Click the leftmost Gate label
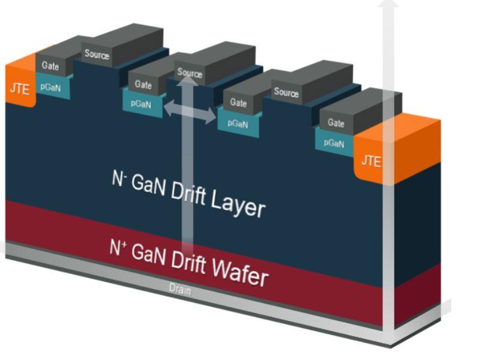[x=51, y=66]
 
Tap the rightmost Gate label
[x=335, y=123]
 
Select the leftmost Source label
[x=97, y=55]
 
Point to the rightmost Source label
[x=286, y=93]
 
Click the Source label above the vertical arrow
[x=190, y=73]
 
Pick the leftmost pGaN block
[x=52, y=87]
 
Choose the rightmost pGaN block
[x=334, y=143]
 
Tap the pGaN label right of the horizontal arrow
[x=238, y=124]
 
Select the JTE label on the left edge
[x=19, y=88]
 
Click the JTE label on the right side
[x=370, y=161]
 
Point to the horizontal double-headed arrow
[x=190, y=111]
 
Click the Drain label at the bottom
[x=180, y=290]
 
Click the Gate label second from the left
[x=143, y=85]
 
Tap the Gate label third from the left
[x=238, y=103]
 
